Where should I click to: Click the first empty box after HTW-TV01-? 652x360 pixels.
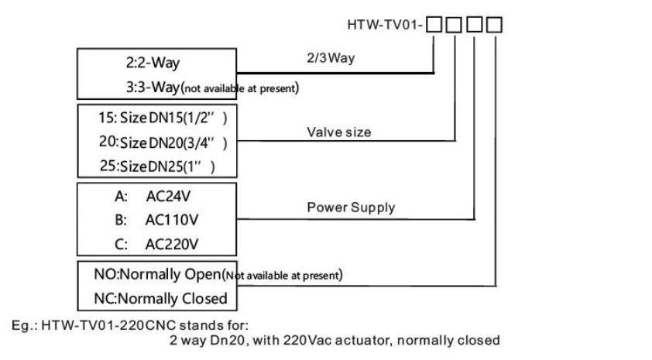pos(434,25)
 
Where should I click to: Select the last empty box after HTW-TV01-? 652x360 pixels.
pos(494,25)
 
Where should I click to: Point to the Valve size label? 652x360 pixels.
pos(339,132)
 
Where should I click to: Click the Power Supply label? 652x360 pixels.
pos(351,207)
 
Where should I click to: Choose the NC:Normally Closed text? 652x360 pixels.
pos(155,298)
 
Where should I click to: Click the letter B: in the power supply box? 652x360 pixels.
pos(121,220)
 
